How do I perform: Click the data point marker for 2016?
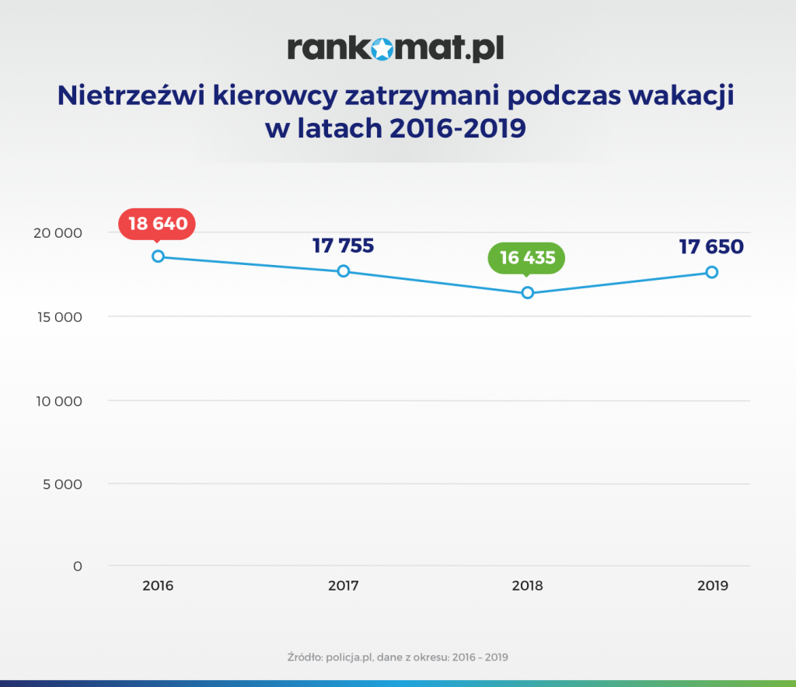pos(158,256)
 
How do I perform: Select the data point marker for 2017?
pos(343,271)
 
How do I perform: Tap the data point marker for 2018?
pos(528,293)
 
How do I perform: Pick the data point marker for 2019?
pos(711,272)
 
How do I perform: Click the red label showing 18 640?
pos(158,224)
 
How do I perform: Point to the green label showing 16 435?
pos(527,258)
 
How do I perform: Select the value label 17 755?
pos(343,246)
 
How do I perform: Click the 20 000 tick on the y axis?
pos(58,233)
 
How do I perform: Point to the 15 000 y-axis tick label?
pos(58,317)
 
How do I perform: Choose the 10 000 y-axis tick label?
pos(58,401)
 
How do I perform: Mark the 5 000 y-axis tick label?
pos(62,484)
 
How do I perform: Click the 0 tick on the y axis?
pos(77,567)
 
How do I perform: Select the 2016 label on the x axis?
pos(158,586)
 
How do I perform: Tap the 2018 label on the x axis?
pos(527,586)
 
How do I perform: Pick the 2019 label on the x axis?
pos(712,586)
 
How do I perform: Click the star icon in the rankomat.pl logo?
pos(382,50)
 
